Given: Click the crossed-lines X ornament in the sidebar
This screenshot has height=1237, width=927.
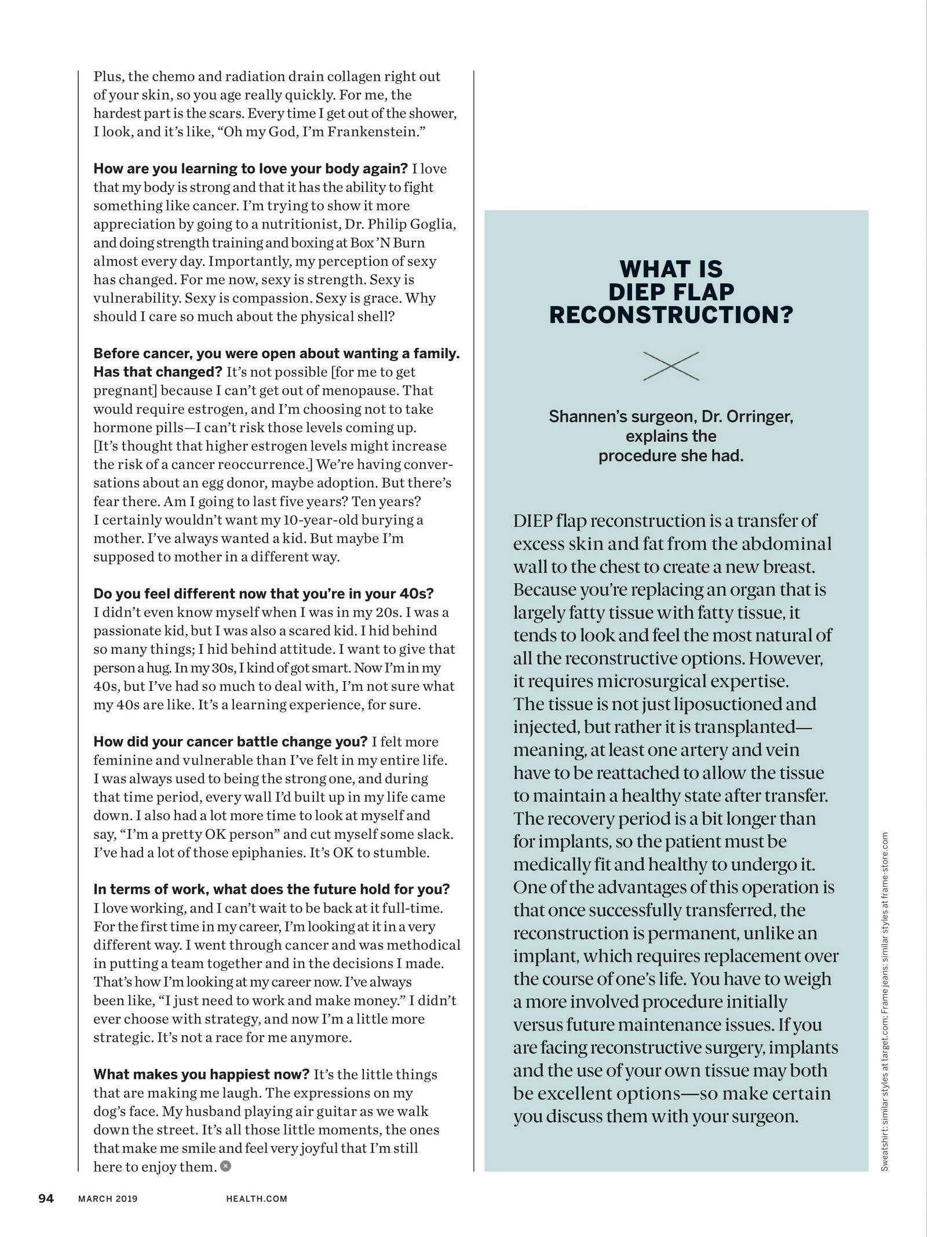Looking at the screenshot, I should point(671,366).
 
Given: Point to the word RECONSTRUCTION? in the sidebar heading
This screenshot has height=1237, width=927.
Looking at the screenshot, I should point(671,315).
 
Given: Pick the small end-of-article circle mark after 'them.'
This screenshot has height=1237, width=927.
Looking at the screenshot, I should point(225,1166).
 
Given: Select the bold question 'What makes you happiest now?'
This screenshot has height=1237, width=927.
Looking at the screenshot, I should point(202,1074).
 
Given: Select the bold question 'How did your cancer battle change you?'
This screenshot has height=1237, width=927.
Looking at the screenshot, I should point(231,742).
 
